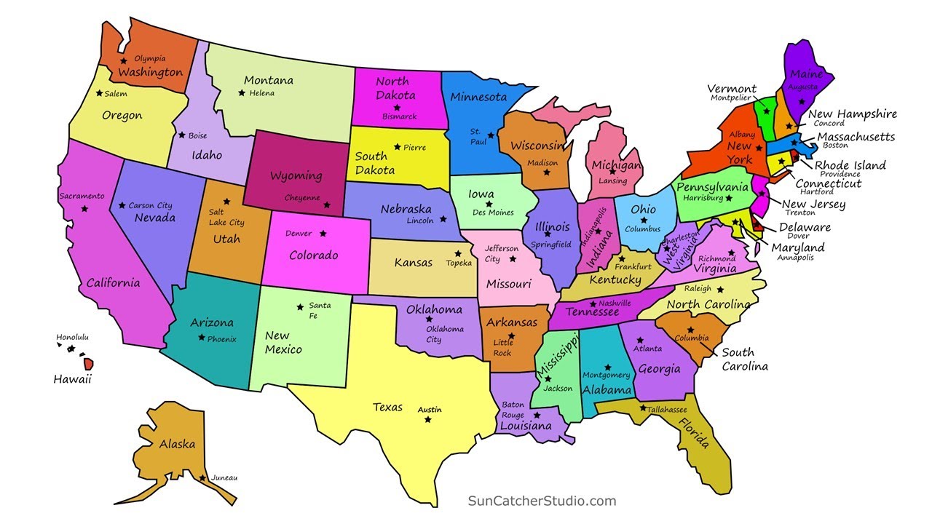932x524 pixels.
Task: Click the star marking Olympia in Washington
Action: click(x=124, y=60)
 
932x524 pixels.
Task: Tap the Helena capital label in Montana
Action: click(x=261, y=93)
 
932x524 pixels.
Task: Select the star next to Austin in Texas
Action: click(x=428, y=419)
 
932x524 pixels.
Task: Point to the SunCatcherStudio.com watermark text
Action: click(x=542, y=501)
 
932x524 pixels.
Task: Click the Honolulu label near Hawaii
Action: click(x=72, y=337)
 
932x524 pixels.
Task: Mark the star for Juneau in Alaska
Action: click(x=202, y=478)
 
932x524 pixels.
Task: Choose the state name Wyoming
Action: click(x=296, y=176)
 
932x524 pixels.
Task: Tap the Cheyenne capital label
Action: click(x=302, y=197)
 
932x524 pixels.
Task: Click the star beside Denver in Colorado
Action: click(x=323, y=234)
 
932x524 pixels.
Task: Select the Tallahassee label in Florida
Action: click(x=667, y=410)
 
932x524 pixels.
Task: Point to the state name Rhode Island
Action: click(x=850, y=165)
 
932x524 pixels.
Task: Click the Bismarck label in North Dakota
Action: click(x=399, y=116)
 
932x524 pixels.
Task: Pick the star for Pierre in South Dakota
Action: click(x=397, y=147)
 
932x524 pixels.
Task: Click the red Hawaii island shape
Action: click(x=88, y=362)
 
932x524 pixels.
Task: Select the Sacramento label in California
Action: click(x=82, y=196)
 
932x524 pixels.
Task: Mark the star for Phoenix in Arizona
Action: click(x=201, y=338)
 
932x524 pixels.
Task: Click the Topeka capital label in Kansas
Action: click(x=459, y=263)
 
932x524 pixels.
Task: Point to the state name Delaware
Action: click(x=805, y=227)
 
